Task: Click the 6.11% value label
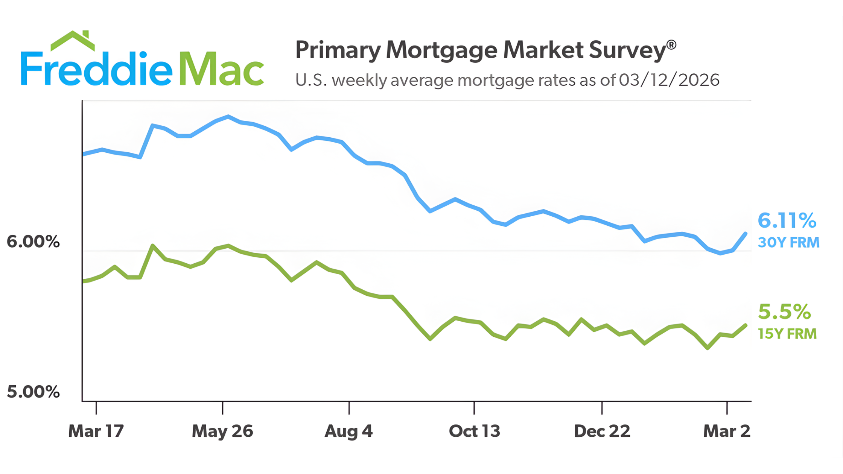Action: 787,220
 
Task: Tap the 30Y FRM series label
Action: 788,243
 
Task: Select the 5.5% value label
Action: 784,312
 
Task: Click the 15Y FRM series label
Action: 787,334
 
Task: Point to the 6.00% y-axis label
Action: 33,242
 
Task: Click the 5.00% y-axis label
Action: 33,392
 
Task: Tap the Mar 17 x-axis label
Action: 96,431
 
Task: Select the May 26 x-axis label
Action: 222,431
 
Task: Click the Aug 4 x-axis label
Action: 348,431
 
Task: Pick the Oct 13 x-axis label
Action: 474,431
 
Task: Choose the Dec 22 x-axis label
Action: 602,431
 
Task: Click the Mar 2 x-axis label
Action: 727,431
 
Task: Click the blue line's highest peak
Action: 228,117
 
